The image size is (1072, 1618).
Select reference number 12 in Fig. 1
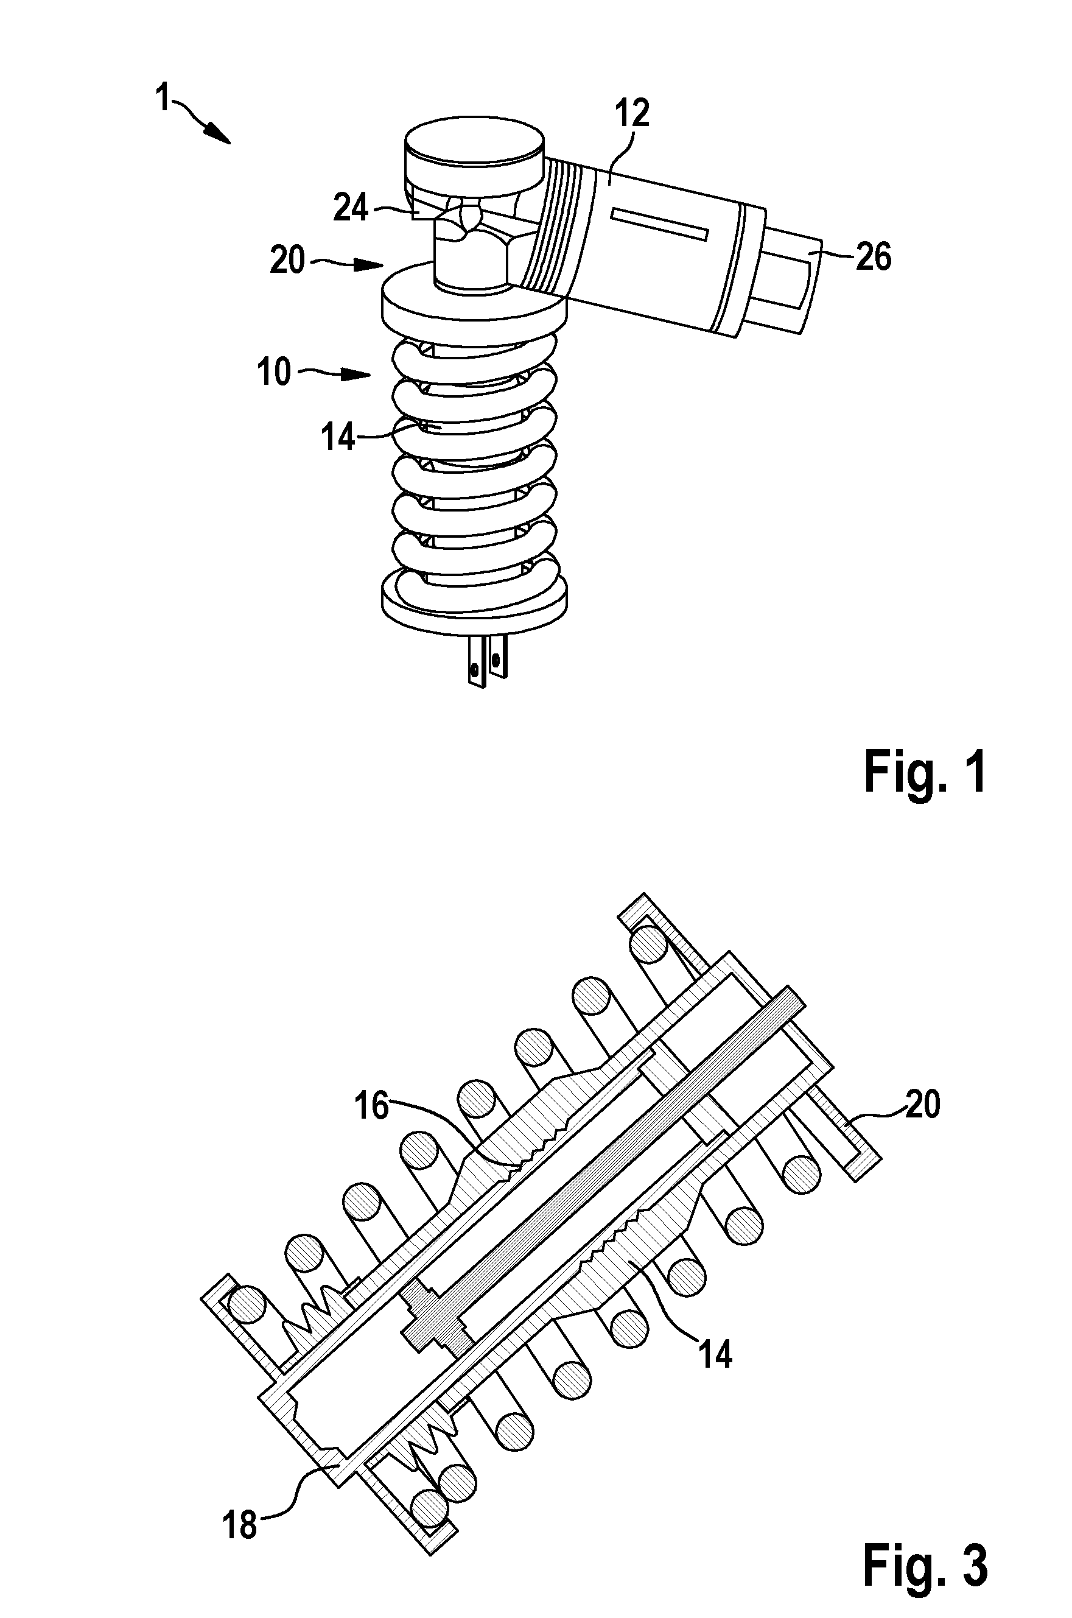[x=631, y=113]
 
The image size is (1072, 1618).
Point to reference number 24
[x=351, y=206]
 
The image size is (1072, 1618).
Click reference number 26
[x=873, y=257]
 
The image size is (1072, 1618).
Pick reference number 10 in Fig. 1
[x=274, y=373]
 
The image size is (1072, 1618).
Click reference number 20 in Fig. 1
[x=287, y=261]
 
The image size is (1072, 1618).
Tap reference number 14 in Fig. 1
[x=338, y=437]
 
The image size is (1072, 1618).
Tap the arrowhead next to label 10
[x=355, y=374]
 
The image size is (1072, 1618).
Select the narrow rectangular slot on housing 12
[x=660, y=224]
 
